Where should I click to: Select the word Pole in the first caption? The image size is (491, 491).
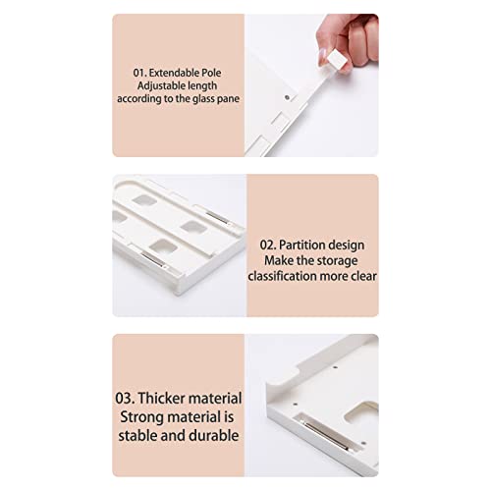coord(211,73)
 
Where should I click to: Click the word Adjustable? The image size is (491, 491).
coord(158,85)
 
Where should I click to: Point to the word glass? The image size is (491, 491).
coord(203,99)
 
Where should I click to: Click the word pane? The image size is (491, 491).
coord(228,99)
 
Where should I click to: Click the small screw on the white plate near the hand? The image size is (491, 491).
coord(287,97)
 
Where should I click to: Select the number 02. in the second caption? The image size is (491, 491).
coord(268,245)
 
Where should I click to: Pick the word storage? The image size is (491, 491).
coord(338,261)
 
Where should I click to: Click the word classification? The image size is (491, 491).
coord(282,277)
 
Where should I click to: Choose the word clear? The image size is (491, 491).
coord(364,277)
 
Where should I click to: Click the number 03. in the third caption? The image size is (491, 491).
coord(125,399)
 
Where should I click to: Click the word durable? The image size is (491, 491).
coord(214,436)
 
